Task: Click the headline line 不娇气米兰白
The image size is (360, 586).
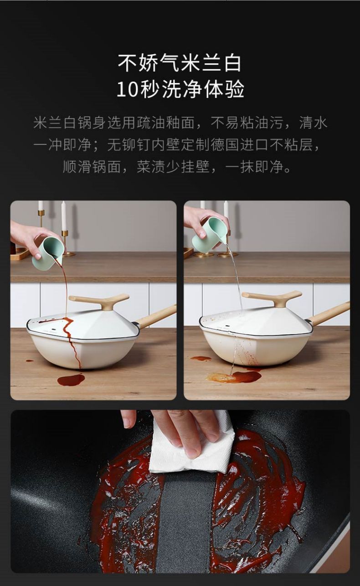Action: point(180,63)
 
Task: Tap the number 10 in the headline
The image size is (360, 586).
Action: point(127,89)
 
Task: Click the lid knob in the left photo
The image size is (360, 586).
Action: point(99,301)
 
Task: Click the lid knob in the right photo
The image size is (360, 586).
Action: point(272,298)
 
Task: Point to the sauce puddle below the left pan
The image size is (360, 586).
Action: point(71,379)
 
